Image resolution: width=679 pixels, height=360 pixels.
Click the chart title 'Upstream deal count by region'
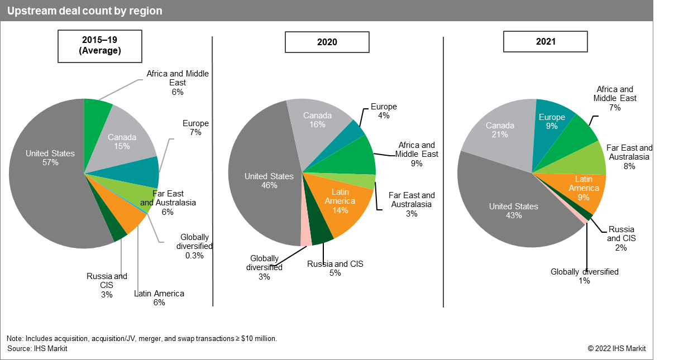coord(85,11)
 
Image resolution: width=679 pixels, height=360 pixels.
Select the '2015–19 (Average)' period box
coord(99,46)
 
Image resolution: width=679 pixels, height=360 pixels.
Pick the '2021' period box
coord(545,42)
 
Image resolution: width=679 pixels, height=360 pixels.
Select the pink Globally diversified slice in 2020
coord(306,239)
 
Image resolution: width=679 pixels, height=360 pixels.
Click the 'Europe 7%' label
coord(195,128)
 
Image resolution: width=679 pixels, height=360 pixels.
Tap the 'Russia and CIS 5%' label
coord(335,268)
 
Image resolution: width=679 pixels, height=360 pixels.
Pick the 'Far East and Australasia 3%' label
coord(412,204)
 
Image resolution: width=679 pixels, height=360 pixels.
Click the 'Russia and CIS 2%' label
coord(621,238)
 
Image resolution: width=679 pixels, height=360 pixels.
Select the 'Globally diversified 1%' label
coord(585,276)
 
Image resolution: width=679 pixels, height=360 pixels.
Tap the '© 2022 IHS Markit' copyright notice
coord(616,348)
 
